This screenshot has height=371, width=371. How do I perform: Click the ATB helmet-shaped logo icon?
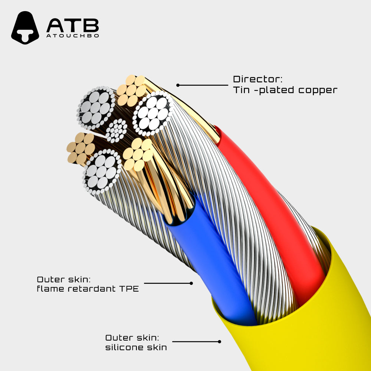[25, 28]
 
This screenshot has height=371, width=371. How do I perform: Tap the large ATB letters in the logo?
[73, 25]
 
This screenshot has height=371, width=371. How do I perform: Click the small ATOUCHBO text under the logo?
[73, 36]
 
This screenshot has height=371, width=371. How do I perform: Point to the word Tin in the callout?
[241, 90]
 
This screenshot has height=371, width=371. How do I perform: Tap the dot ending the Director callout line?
[178, 85]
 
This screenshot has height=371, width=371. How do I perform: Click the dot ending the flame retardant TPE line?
[191, 283]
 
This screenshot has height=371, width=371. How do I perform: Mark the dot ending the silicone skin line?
[220, 341]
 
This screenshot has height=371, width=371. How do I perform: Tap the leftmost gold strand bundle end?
[81, 148]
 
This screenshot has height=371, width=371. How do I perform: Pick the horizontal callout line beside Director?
[203, 85]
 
